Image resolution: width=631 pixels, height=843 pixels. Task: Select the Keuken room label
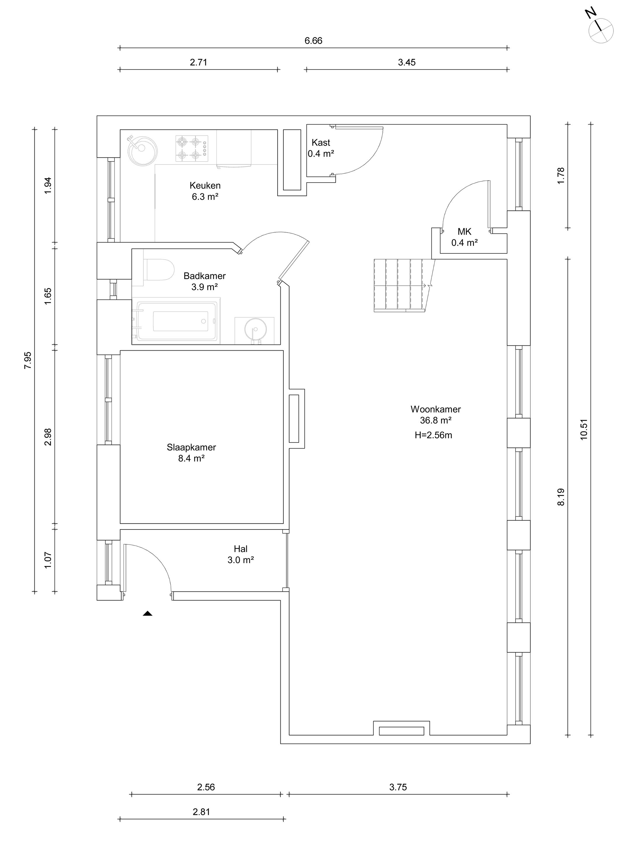205,186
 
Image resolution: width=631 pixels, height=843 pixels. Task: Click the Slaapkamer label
191,447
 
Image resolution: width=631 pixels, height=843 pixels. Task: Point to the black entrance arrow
148,614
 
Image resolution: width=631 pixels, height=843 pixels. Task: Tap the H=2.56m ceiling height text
433,435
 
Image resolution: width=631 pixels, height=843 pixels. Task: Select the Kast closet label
321,143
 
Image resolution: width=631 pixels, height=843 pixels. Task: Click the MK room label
464,231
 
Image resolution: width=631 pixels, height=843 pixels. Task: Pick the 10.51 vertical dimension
584,430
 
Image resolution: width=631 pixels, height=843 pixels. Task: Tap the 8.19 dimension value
561,497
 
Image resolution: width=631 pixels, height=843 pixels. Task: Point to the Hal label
240,549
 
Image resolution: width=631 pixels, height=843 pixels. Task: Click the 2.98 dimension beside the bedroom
48,437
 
